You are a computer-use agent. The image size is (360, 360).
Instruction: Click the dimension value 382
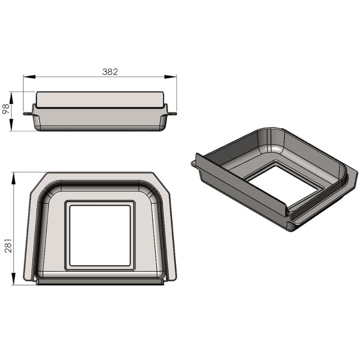[x=110, y=72]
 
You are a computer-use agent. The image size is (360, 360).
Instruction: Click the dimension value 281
[x=9, y=246]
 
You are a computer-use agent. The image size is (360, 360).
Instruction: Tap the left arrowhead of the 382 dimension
[x=30, y=77]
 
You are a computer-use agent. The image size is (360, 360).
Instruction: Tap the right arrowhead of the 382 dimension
[x=170, y=77]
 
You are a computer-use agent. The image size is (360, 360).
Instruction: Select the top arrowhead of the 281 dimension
[x=13, y=178]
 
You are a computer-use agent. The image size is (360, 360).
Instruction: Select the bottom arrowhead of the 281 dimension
[x=13, y=279]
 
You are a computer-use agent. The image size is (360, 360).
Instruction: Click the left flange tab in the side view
[x=28, y=113]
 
